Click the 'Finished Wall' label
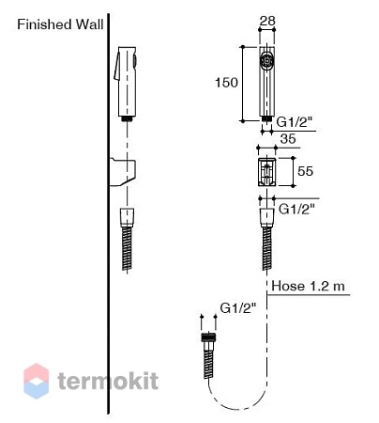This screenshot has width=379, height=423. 60,24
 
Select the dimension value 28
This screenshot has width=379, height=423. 267,21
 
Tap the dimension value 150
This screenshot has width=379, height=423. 227,83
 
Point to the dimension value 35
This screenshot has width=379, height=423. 288,138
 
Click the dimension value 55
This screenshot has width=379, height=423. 305,171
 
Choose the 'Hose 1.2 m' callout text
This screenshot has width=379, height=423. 308,286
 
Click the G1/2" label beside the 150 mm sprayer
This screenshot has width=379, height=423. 295,122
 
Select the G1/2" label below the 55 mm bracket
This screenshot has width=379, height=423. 296,209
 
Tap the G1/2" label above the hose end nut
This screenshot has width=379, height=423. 238,308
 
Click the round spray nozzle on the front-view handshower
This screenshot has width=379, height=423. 266,60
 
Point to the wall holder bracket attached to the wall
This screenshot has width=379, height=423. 123,172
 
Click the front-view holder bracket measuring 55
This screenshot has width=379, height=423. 266,172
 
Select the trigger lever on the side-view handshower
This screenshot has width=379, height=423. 117,67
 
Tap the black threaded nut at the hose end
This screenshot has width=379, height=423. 209,337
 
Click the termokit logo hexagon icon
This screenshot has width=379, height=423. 37,381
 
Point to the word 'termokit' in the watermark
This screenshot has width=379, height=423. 108,381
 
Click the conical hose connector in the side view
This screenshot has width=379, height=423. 128,217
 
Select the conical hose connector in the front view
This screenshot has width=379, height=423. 266,217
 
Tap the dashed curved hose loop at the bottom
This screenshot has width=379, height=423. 238,407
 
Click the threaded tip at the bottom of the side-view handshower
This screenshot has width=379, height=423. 127,118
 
